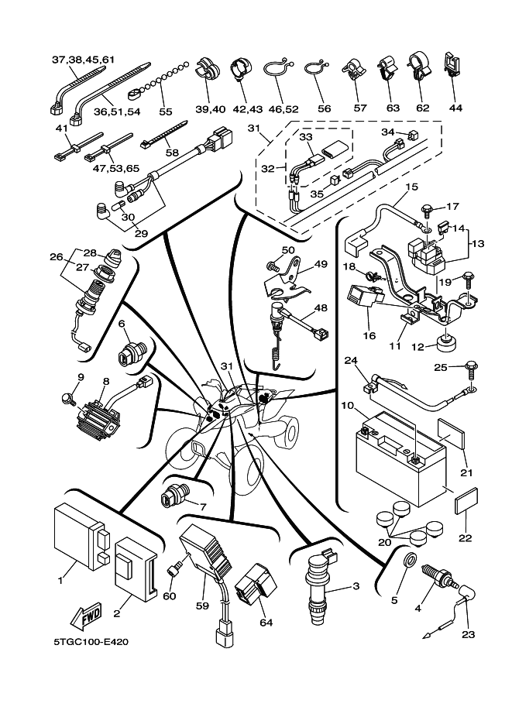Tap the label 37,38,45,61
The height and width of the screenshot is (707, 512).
pos(83,60)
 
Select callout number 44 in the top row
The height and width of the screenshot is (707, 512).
pos(455,108)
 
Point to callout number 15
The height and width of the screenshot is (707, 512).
pos(411,187)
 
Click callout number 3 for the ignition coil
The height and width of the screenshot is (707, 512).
pos(356,586)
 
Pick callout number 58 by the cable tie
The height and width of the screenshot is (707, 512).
pos(172,153)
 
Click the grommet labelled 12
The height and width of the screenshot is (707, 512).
pos(445,341)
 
